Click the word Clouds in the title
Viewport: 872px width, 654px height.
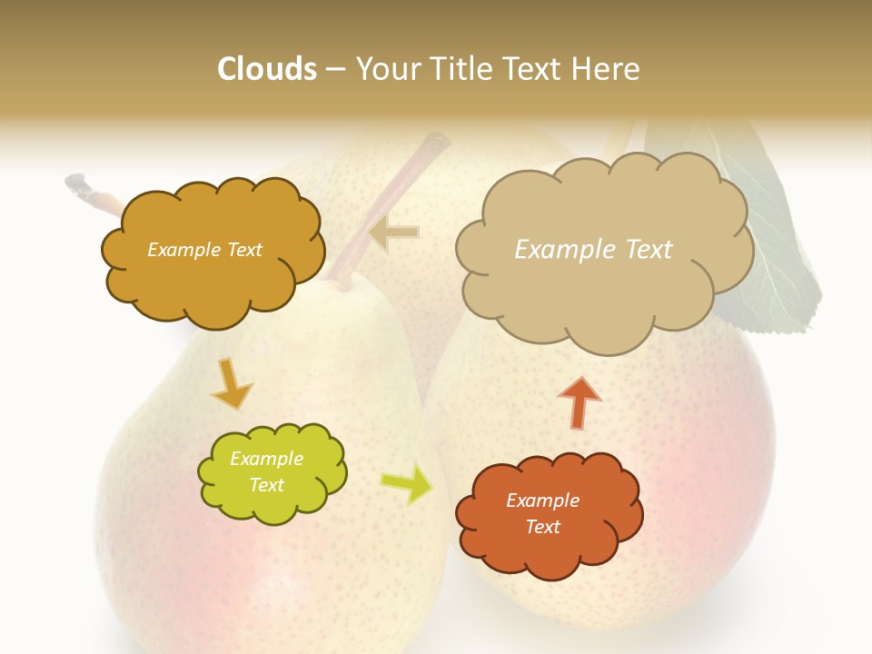click(x=267, y=69)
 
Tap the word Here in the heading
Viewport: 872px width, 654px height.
click(x=609, y=69)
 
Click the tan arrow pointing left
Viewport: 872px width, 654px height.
click(x=394, y=233)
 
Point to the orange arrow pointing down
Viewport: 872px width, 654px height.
click(x=232, y=382)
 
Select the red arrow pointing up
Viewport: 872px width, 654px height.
click(x=580, y=401)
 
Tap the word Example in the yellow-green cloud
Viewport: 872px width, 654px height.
click(x=266, y=459)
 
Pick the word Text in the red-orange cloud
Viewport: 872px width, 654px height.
click(x=542, y=527)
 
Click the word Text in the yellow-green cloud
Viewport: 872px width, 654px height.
click(x=266, y=485)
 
